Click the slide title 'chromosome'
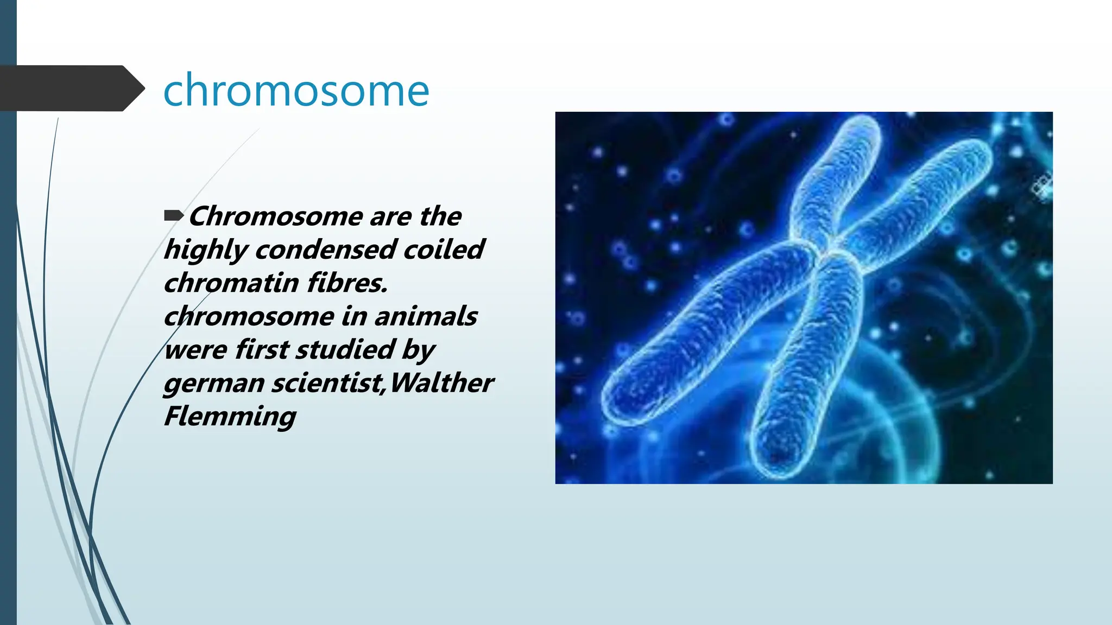296,90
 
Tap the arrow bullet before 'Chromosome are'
173,216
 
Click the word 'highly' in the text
206,251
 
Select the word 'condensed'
325,250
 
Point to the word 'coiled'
444,250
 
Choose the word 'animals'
426,316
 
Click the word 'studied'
345,349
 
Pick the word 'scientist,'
328,383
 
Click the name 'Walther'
441,382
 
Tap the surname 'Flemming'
230,417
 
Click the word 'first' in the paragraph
262,349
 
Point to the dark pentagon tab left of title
68,88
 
